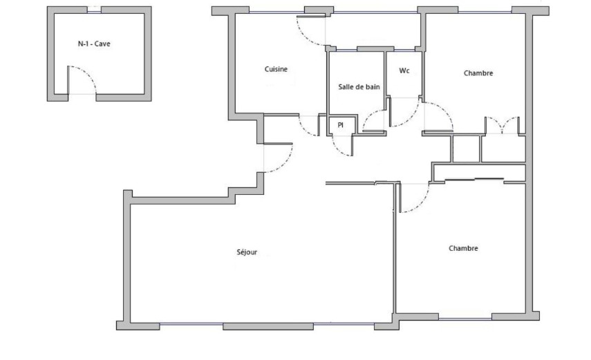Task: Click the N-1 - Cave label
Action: pos(94,44)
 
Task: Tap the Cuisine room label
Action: pos(276,69)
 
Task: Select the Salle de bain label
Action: pos(359,86)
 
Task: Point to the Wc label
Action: pos(404,70)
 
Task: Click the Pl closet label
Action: pos(340,125)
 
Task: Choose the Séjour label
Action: pos(247,252)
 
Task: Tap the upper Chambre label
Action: pos(478,73)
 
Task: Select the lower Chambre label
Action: pos(463,248)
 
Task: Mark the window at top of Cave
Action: pos(94,10)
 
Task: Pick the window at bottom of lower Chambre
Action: pos(465,319)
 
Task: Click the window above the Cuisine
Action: pos(276,12)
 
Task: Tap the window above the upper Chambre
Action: pos(485,12)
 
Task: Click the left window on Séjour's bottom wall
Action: pos(191,324)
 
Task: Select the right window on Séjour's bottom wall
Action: pos(344,324)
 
